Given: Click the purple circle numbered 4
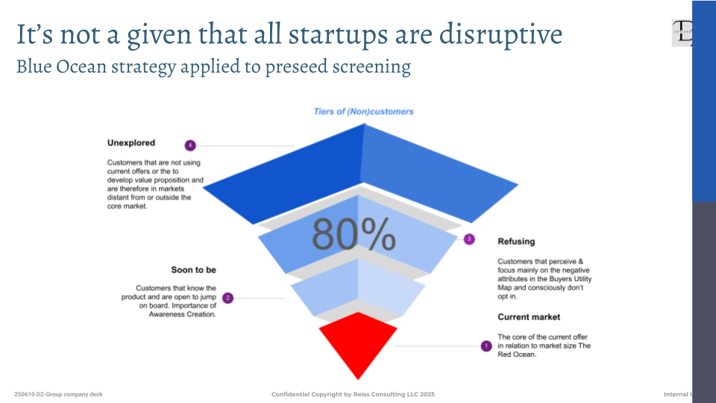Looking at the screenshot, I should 190,145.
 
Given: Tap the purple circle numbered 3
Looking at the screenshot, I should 469,240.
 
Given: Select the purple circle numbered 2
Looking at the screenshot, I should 228,298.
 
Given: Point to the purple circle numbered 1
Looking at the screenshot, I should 486,346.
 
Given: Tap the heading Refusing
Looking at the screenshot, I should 516,241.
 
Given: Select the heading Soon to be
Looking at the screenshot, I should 193,269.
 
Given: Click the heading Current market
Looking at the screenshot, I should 529,317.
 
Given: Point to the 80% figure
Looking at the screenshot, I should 354,234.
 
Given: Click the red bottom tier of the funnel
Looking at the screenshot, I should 358,342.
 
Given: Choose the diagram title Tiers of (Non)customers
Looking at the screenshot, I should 364,112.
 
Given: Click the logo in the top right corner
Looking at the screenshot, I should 681,34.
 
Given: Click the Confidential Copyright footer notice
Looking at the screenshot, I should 353,394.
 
